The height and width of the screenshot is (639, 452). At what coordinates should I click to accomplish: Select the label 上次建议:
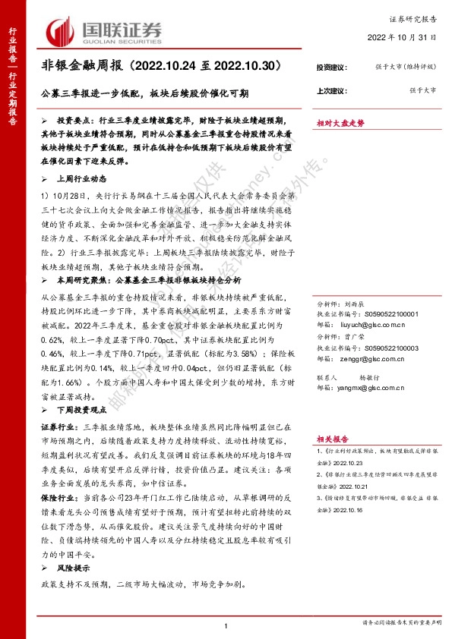[332, 91]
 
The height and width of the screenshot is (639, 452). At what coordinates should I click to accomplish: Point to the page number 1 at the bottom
[226, 625]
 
